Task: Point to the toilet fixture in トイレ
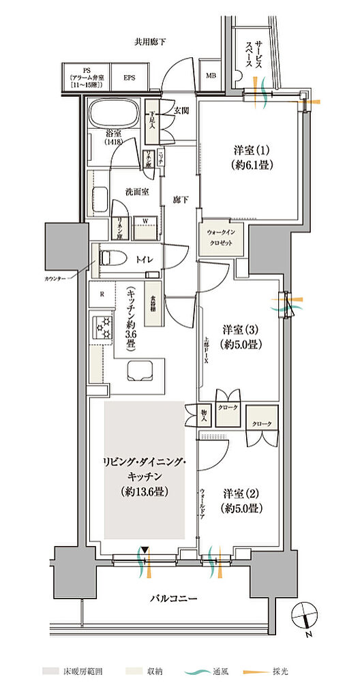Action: (x=110, y=259)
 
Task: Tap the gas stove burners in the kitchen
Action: (x=103, y=327)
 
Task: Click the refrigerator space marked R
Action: (x=102, y=294)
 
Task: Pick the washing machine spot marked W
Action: (x=145, y=221)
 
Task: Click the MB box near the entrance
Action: (x=211, y=76)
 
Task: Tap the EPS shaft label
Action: (x=130, y=77)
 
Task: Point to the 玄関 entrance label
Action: (x=181, y=110)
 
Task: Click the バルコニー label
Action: (x=175, y=598)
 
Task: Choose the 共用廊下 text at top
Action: (x=150, y=42)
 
